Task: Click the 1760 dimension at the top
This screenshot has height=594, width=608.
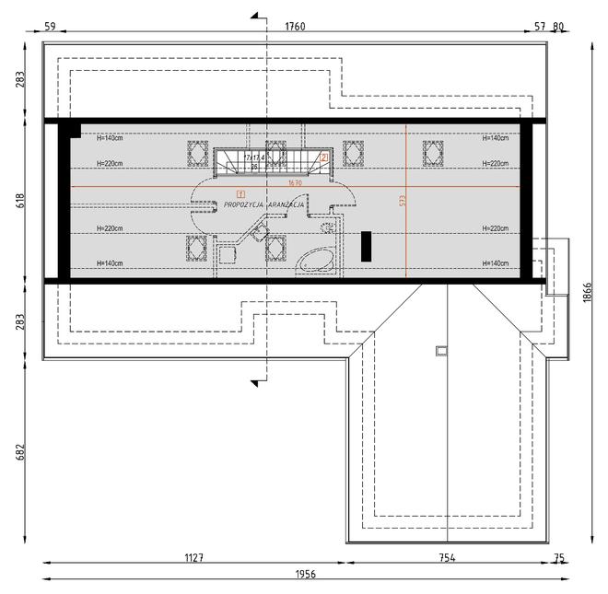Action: point(295,27)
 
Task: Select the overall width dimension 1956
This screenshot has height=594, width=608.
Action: point(305,574)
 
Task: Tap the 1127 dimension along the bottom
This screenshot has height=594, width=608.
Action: point(194,557)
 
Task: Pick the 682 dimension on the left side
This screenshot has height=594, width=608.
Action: point(20,453)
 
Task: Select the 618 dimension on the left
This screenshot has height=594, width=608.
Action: point(20,200)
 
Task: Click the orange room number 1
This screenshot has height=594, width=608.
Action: point(240,192)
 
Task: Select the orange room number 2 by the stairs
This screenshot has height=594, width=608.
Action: point(325,157)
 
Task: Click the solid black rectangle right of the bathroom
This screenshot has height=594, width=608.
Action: point(366,246)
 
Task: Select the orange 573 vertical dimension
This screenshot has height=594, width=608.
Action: point(401,200)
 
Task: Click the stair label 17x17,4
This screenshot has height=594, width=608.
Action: point(255,157)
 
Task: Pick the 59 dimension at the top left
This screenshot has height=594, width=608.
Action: point(51,27)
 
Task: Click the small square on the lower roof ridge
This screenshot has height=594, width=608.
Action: point(440,348)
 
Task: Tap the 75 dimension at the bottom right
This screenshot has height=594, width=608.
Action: point(558,557)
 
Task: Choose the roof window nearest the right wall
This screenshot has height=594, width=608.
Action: point(433,150)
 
